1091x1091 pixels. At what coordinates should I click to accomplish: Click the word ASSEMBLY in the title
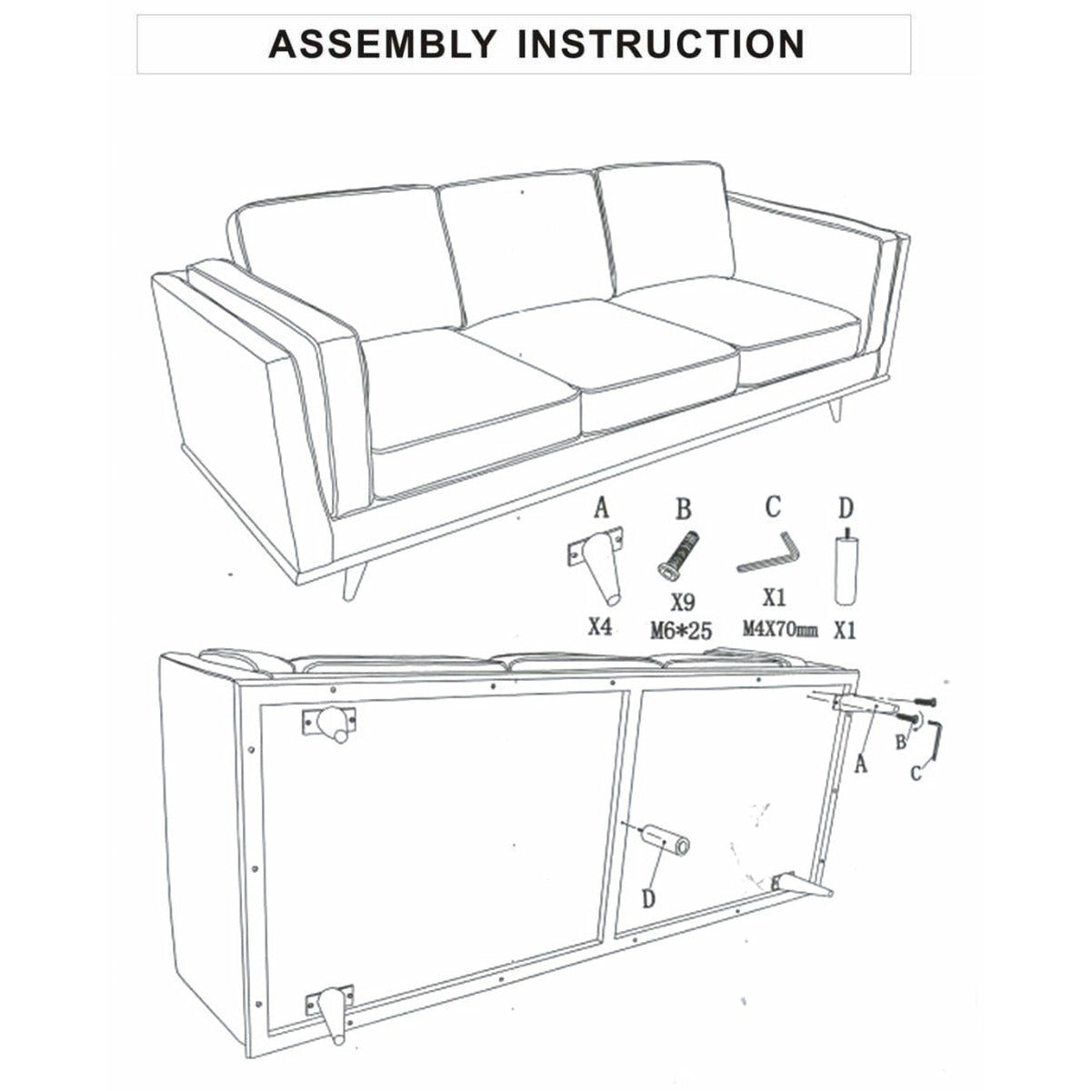point(383,44)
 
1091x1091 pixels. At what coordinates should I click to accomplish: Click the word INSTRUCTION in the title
point(661,44)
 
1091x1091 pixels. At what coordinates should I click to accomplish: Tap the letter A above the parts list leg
point(601,507)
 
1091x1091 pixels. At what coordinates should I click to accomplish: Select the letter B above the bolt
point(684,508)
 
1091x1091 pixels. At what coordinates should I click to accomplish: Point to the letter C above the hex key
point(773,506)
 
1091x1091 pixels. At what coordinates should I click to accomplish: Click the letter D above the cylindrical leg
point(846,508)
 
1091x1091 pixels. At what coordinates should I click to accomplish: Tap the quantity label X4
point(600,626)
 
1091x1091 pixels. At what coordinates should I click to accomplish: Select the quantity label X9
point(683,603)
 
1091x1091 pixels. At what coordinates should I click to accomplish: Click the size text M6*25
point(681,630)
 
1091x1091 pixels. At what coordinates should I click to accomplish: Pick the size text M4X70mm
point(780,629)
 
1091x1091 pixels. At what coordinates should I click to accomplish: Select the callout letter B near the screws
point(901,741)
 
